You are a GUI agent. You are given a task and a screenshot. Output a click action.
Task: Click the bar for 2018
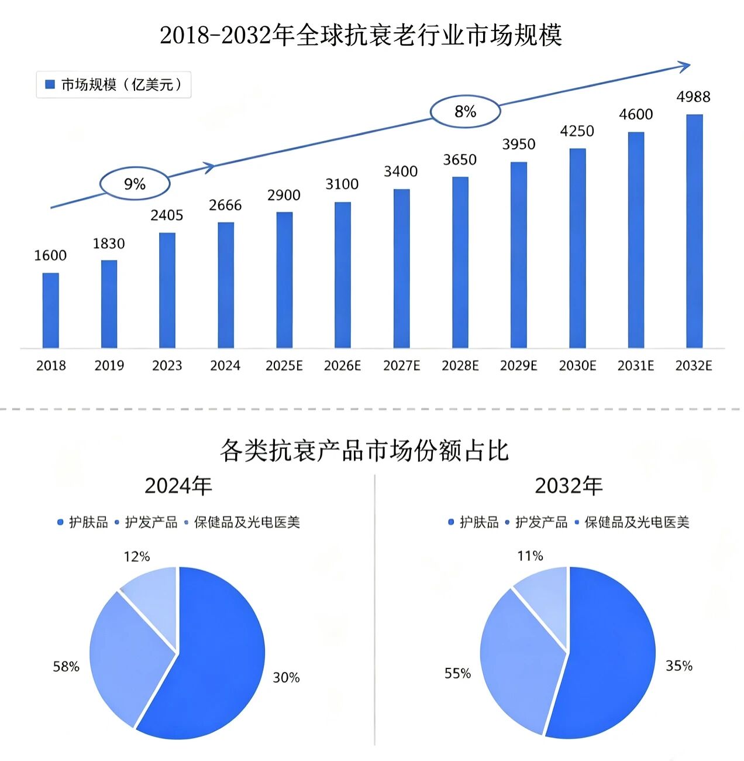pyautogui.click(x=51, y=310)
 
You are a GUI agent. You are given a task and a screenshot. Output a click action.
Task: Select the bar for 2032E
pyautogui.click(x=694, y=231)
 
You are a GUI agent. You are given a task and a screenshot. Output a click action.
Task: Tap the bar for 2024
pyautogui.click(x=226, y=285)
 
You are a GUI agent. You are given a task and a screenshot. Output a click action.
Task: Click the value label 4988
pyautogui.click(x=693, y=97)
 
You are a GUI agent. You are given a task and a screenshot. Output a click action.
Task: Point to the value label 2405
pyautogui.click(x=167, y=215)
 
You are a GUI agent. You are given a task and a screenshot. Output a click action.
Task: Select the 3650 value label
pyautogui.click(x=460, y=160)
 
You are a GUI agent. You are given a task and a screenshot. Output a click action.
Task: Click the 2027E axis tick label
pyautogui.click(x=401, y=366)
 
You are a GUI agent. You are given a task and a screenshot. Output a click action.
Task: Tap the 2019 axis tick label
pyautogui.click(x=109, y=366)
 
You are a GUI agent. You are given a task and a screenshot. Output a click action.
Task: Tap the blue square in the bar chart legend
pyautogui.click(x=50, y=84)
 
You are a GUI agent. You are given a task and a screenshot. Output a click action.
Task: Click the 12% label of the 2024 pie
pyautogui.click(x=137, y=557)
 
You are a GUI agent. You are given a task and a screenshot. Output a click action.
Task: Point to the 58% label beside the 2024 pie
pyautogui.click(x=66, y=666)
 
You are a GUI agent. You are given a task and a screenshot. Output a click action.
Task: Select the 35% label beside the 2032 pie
pyautogui.click(x=679, y=666)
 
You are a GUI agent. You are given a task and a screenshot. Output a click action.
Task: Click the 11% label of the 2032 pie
pyautogui.click(x=531, y=556)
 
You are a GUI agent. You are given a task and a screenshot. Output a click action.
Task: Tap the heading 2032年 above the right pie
pyautogui.click(x=569, y=486)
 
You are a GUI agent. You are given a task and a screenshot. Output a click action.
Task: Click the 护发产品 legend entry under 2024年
pyautogui.click(x=146, y=522)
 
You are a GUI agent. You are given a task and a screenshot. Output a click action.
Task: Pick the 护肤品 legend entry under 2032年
pyautogui.click(x=473, y=522)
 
